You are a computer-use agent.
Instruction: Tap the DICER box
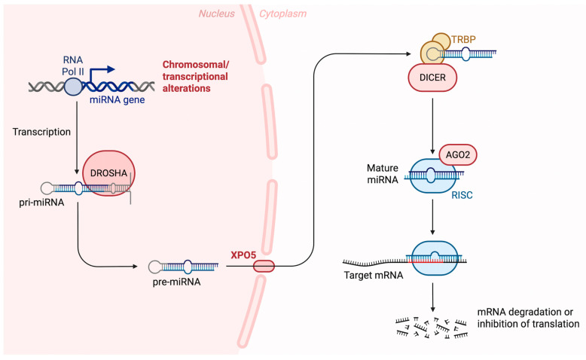click(x=432, y=78)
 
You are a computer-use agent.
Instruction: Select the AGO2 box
click(x=458, y=154)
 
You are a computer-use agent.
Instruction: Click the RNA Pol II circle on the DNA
click(x=73, y=87)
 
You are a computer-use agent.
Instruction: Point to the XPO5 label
click(x=243, y=255)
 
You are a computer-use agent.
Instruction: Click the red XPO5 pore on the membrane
click(x=264, y=267)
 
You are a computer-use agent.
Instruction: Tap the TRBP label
click(x=463, y=39)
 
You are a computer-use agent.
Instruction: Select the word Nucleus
click(x=216, y=14)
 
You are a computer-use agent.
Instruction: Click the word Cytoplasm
click(x=283, y=14)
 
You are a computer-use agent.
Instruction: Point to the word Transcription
click(x=41, y=132)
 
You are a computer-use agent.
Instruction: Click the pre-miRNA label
click(x=176, y=282)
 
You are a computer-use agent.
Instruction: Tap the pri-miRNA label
click(x=41, y=203)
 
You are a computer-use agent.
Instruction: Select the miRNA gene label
click(x=117, y=100)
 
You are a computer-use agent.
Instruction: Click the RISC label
click(x=462, y=195)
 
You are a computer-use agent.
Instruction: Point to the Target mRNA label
click(x=374, y=276)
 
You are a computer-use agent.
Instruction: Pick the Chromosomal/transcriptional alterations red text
click(x=195, y=76)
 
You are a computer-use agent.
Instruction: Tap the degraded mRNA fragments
click(x=432, y=328)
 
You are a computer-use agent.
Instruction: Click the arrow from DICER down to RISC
click(x=433, y=127)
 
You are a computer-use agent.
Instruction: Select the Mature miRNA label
click(x=383, y=174)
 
